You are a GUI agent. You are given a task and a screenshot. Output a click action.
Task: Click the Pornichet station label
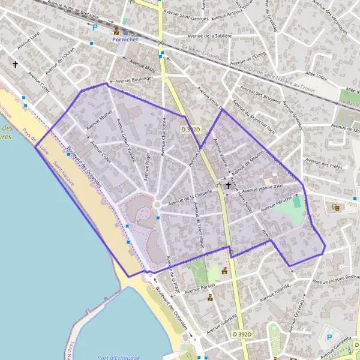pyautogui.click(x=124, y=38)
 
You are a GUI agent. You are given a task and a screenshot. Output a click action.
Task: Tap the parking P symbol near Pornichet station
pyautogui.click(x=94, y=27)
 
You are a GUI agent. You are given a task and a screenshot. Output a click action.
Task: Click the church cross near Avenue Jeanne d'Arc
pyautogui.click(x=228, y=187)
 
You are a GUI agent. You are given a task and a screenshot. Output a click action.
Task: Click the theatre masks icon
pyautogui.click(x=336, y=207)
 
